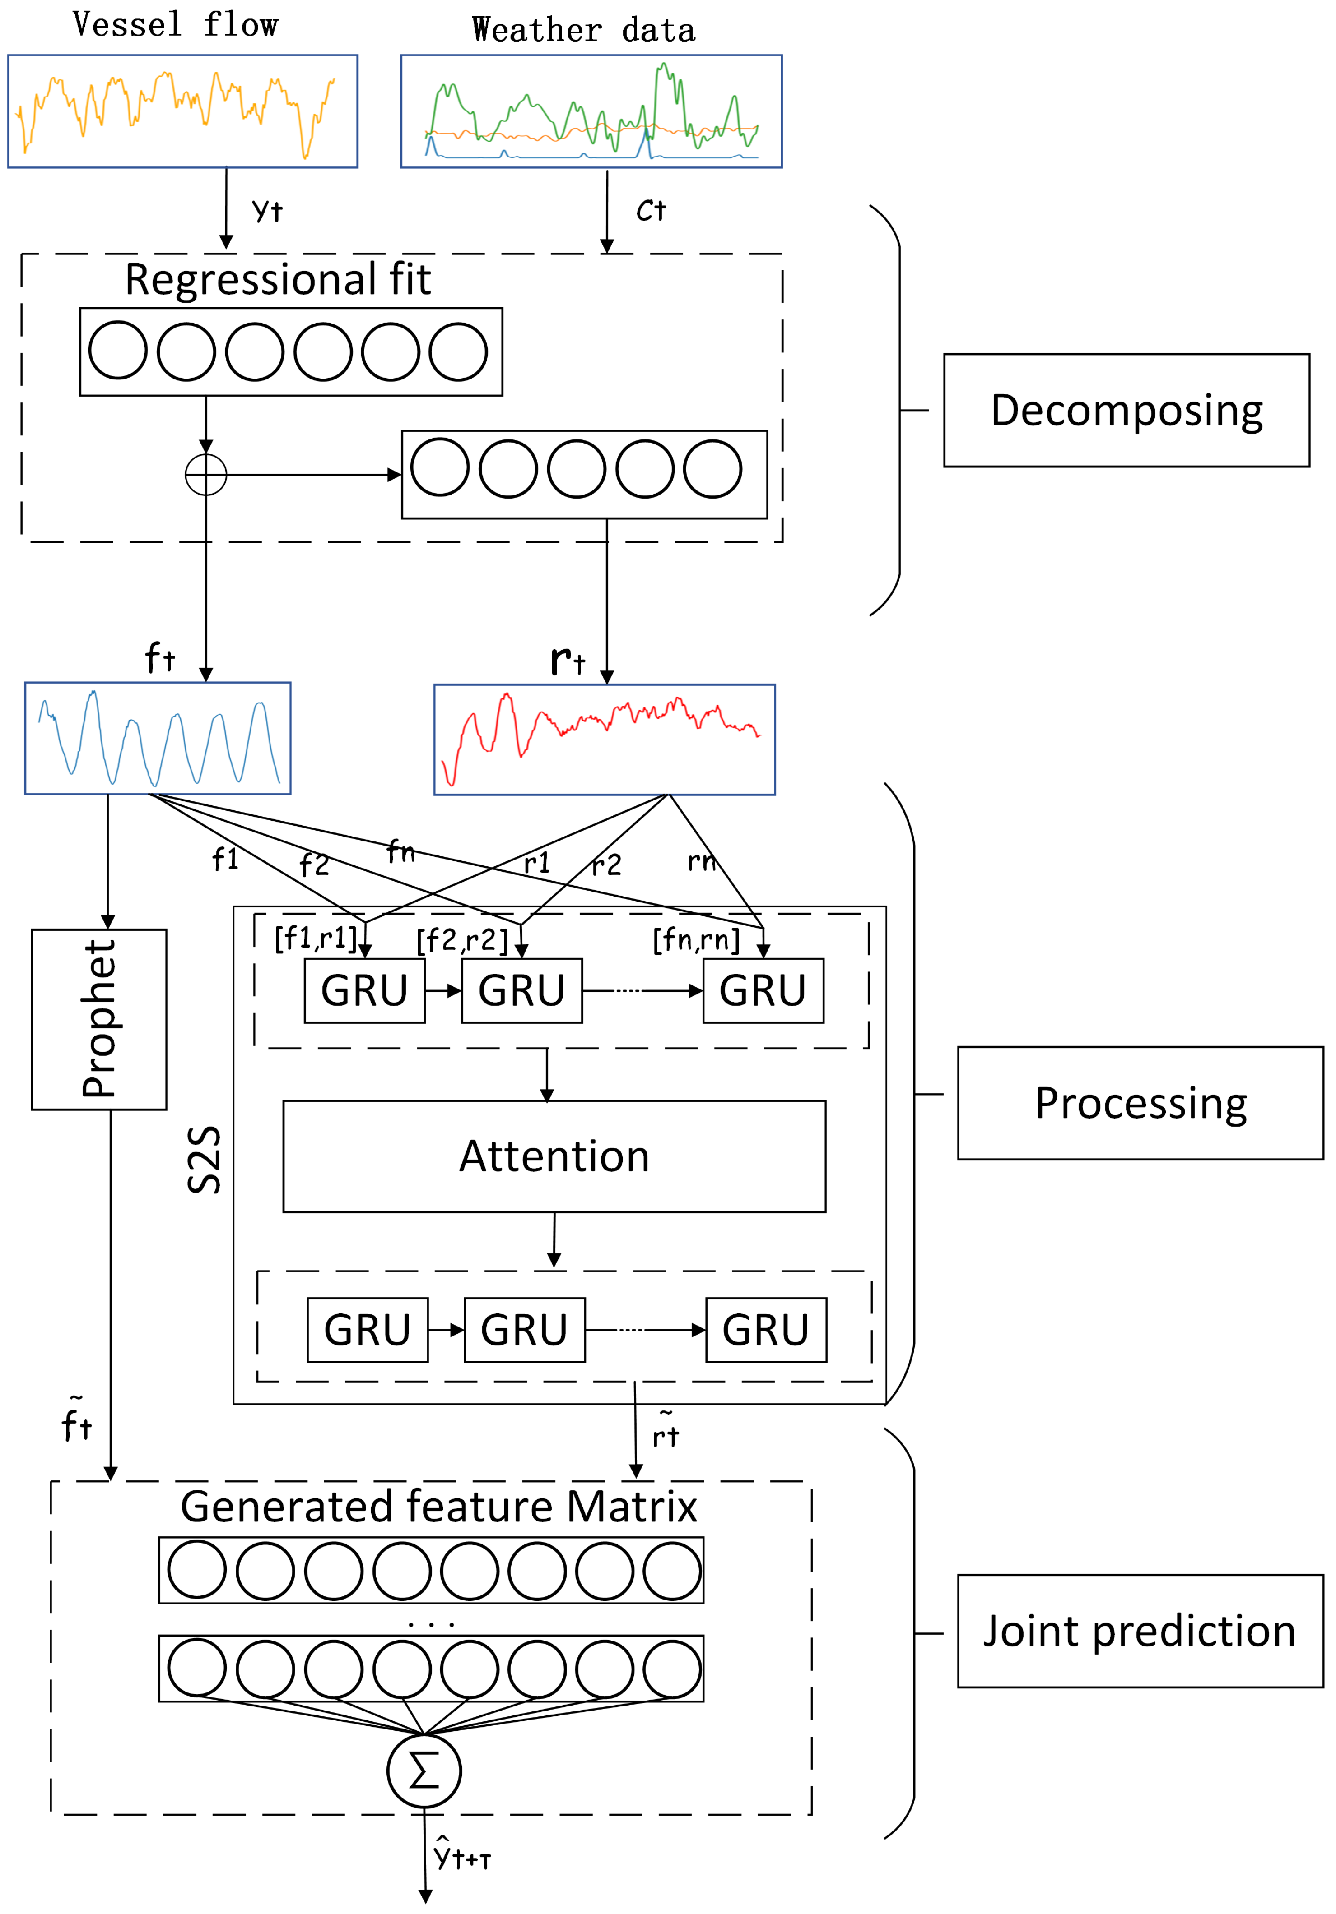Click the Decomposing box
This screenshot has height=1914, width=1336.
point(1126,410)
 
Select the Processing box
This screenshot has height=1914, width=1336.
point(1140,1103)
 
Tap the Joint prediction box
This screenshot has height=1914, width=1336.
point(1140,1632)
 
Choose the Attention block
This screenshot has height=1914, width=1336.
point(554,1156)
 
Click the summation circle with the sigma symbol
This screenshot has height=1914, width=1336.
point(424,1770)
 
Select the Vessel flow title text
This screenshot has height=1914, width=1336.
point(175,25)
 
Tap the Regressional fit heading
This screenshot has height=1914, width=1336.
point(278,280)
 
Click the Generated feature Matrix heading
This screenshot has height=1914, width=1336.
point(439,1507)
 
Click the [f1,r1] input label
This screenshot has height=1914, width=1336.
point(315,939)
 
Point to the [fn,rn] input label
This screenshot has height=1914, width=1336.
point(695,940)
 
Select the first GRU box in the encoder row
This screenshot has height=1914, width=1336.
point(364,990)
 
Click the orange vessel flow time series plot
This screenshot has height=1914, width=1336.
point(183,112)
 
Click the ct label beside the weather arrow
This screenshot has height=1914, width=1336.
point(651,211)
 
